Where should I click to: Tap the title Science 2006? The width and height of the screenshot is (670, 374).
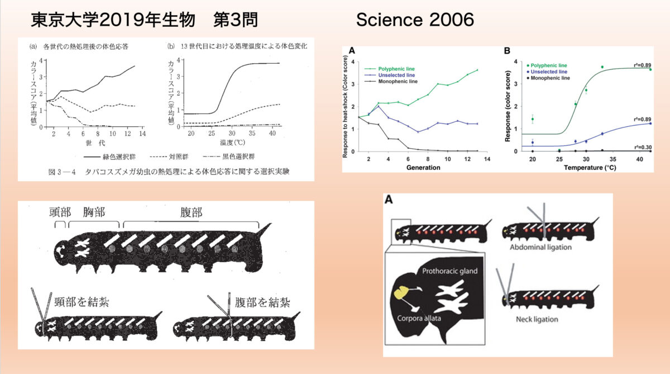coord(415,20)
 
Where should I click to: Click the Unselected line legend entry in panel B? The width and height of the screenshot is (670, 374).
coord(548,72)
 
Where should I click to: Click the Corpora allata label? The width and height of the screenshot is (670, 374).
coord(426,319)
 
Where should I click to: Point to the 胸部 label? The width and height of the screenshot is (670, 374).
coord(94,212)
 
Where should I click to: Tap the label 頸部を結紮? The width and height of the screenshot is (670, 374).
coord(82,302)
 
